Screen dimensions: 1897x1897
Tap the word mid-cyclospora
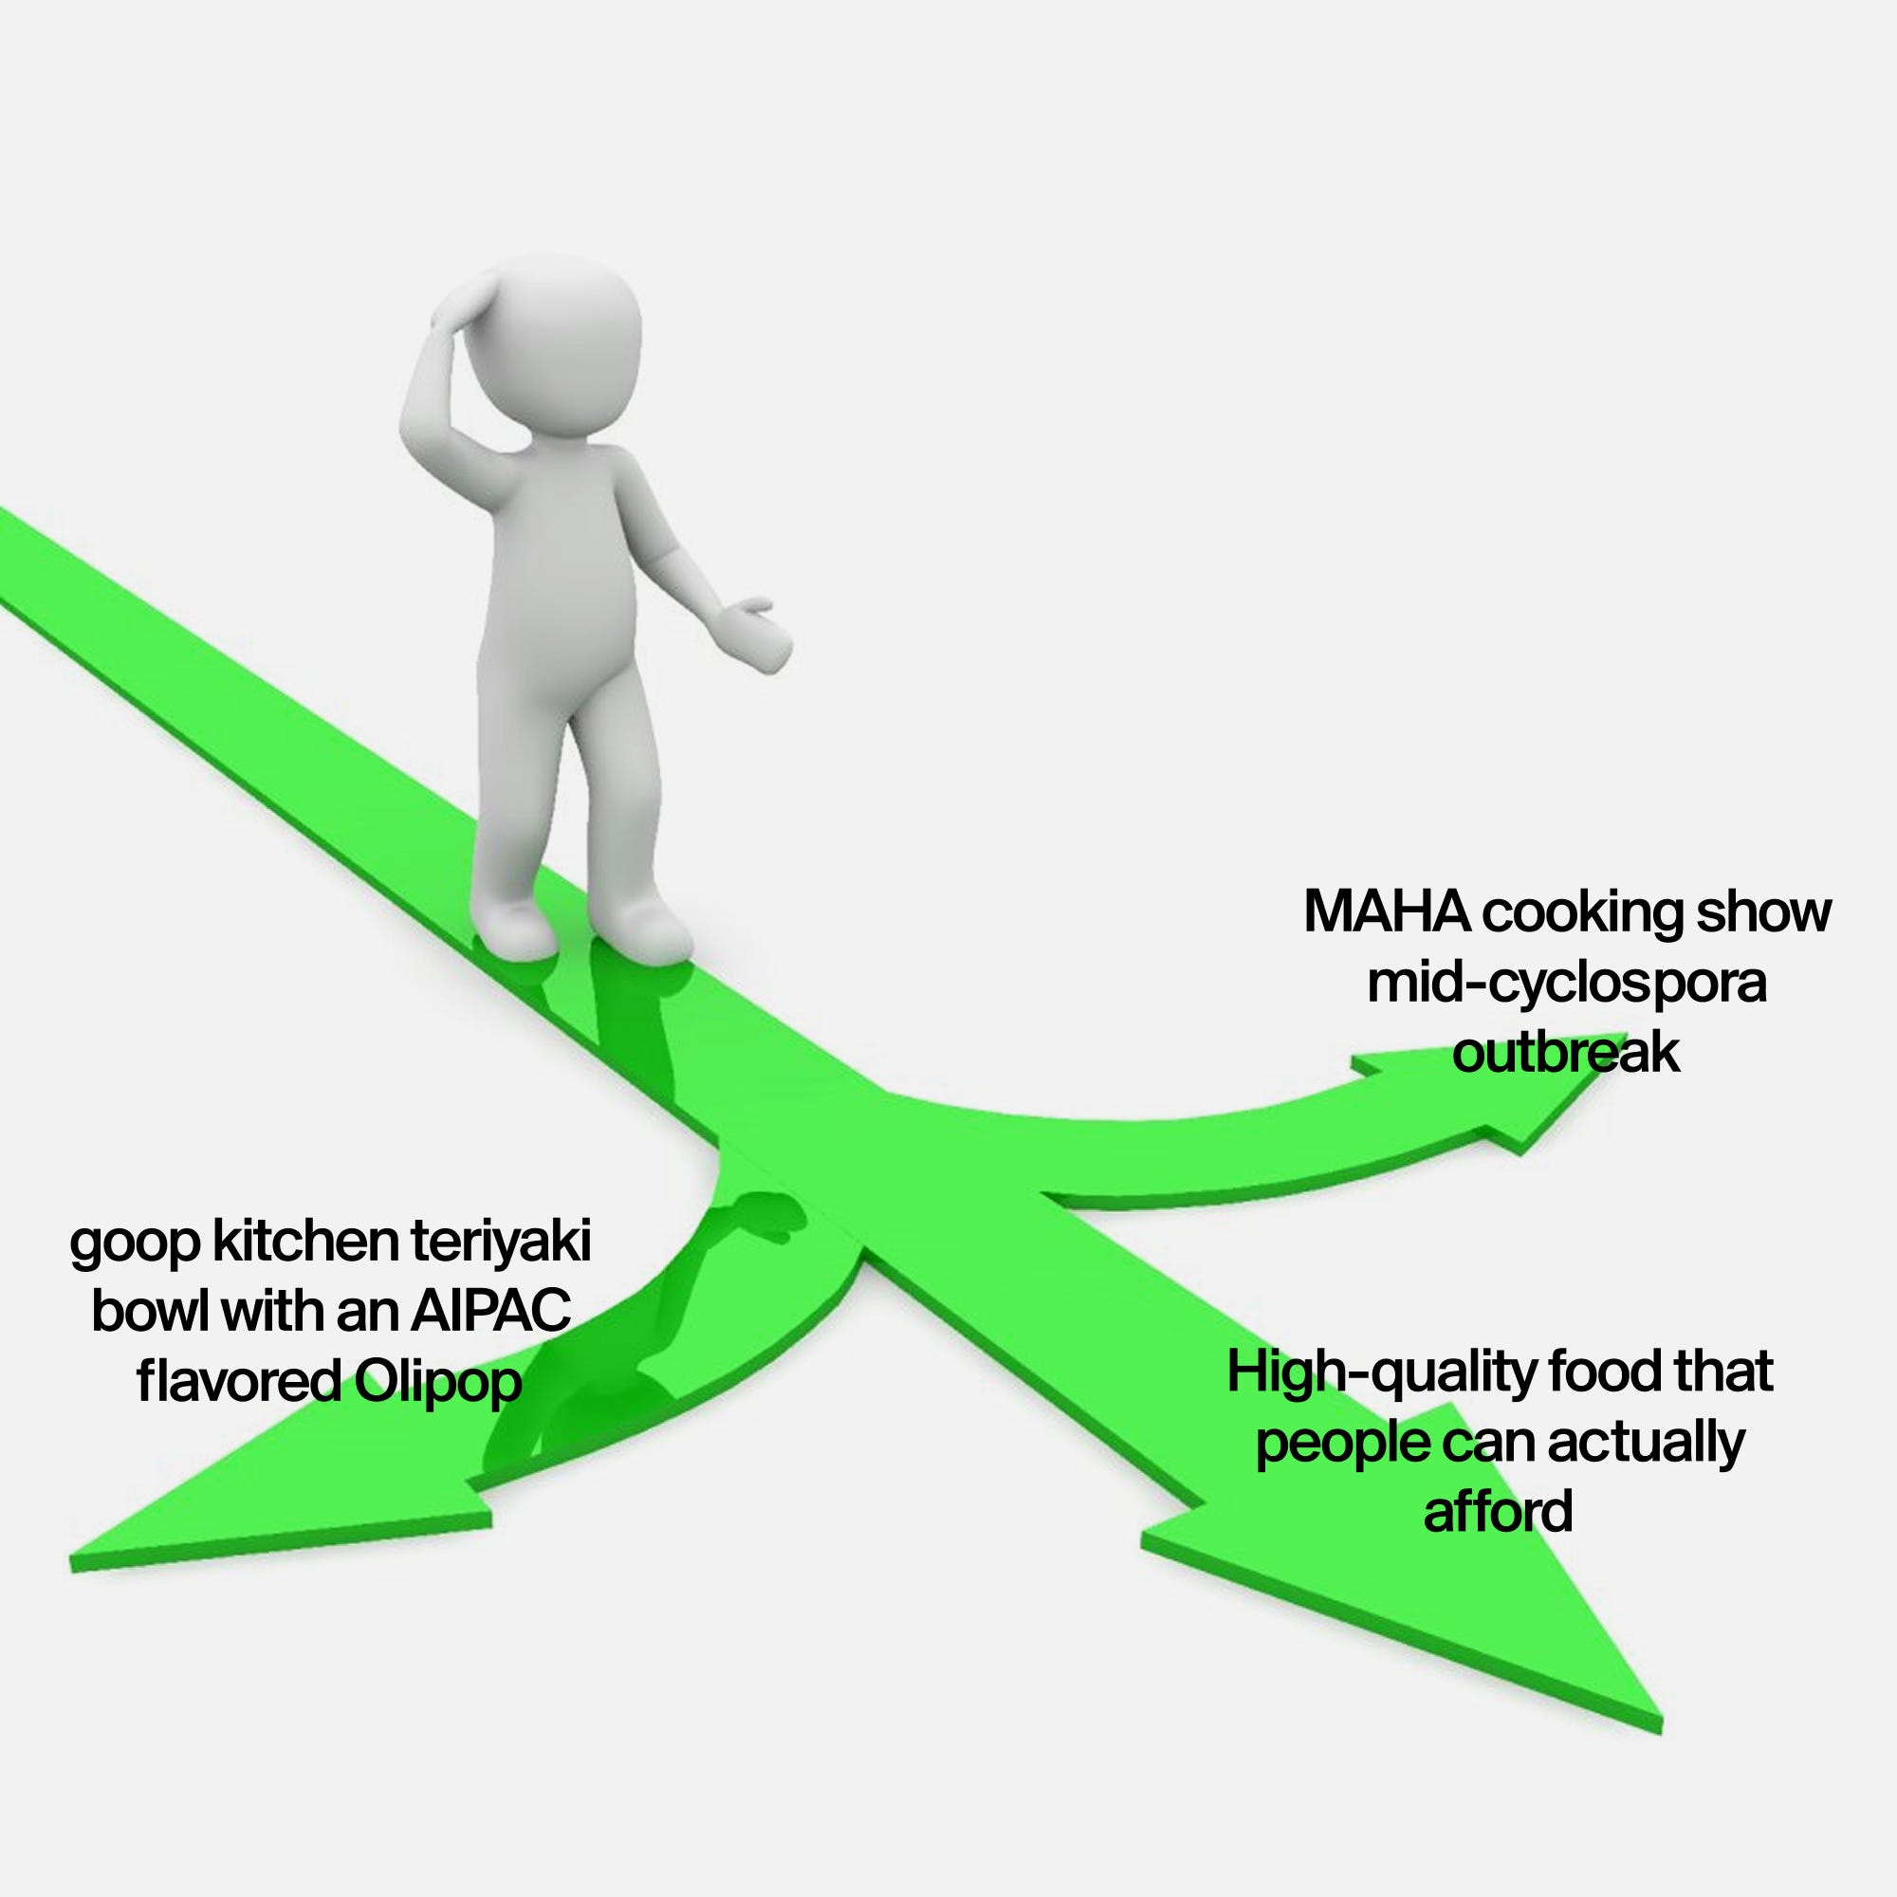coord(1567,985)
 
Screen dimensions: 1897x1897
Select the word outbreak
coord(1566,1055)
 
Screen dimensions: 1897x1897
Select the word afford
coord(1498,1511)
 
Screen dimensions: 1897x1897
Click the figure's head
coord(556,334)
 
